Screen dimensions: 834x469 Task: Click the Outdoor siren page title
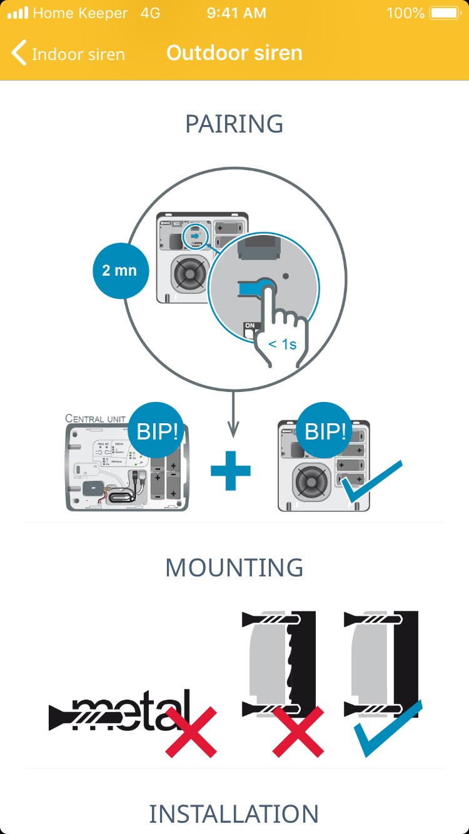tap(234, 53)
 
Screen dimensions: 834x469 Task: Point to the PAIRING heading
tap(234, 124)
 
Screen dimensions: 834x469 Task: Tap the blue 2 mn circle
tap(119, 271)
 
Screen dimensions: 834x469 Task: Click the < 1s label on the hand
tap(282, 344)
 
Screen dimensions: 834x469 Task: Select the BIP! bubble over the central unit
tap(156, 431)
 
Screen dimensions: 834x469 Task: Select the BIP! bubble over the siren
tap(325, 431)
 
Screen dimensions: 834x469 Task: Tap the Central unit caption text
tap(96, 418)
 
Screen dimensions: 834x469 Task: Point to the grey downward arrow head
tap(233, 431)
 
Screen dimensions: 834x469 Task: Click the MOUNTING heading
tap(234, 568)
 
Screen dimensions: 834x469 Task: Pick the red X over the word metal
tap(191, 731)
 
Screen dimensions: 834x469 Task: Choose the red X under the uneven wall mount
tap(298, 731)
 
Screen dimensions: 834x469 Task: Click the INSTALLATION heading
tap(234, 814)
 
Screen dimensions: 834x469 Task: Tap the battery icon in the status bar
tap(445, 13)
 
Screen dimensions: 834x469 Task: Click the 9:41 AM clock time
tap(236, 13)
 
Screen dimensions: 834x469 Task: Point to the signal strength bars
tap(18, 13)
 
